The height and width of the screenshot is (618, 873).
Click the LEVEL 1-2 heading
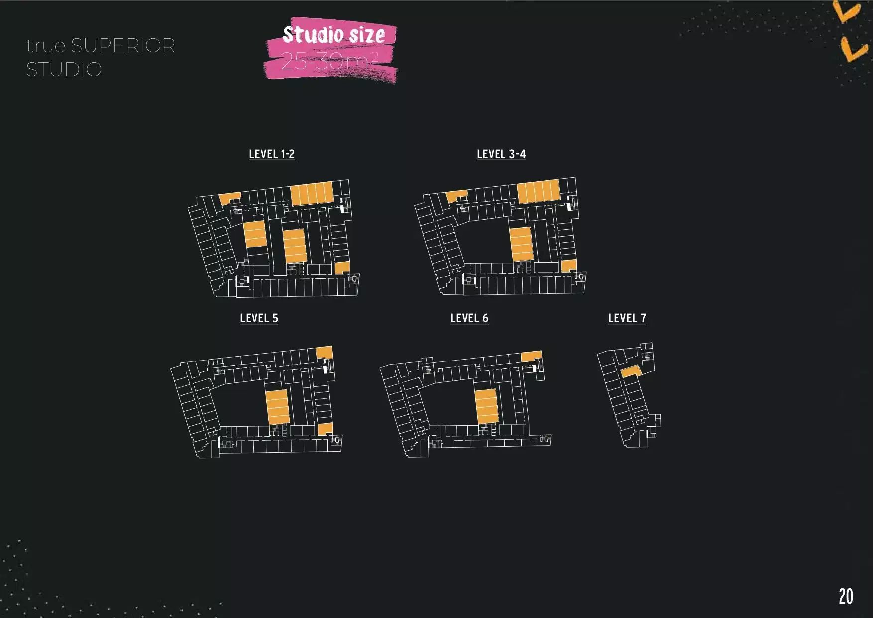coord(272,154)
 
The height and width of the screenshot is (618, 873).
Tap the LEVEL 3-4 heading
coord(501,154)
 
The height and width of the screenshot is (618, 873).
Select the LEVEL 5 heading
coord(259,318)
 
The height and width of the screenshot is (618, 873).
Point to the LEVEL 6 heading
coord(469,318)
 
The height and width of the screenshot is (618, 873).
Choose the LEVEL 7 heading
coord(627,318)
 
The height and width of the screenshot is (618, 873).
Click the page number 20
coord(846,596)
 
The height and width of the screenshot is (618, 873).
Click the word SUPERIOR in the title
coord(123,46)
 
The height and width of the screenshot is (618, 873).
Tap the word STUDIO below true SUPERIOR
coord(64,70)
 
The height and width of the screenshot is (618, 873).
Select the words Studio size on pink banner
coord(333,34)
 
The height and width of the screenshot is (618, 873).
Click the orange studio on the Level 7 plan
coord(631,371)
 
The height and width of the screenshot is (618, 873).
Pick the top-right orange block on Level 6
coord(531,356)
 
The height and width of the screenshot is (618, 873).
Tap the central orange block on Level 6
coord(486,406)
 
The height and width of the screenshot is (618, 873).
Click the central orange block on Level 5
coord(277,407)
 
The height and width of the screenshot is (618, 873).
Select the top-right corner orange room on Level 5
coord(324,352)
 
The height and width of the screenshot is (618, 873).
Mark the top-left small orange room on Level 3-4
coord(456,196)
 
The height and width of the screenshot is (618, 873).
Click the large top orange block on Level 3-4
coord(538,191)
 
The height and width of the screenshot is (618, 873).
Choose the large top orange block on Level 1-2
coord(312,194)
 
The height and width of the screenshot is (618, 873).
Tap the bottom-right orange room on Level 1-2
coord(342,268)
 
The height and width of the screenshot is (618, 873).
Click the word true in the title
coord(46,46)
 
